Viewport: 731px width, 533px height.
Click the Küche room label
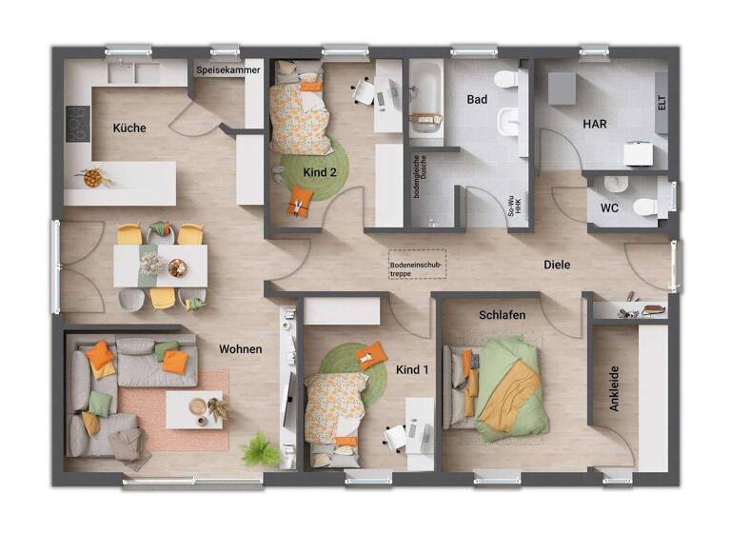coord(129,128)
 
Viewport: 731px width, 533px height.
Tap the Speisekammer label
coord(227,70)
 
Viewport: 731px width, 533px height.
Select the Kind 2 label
coord(320,171)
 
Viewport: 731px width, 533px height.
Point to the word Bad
coord(477,99)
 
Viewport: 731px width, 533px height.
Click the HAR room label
coord(595,124)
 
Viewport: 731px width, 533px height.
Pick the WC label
coord(609,207)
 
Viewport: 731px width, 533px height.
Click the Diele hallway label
coord(557,265)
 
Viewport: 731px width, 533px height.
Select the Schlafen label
coord(503,314)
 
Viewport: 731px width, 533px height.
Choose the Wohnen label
coord(240,349)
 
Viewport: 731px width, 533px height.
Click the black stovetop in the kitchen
coord(77,123)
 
